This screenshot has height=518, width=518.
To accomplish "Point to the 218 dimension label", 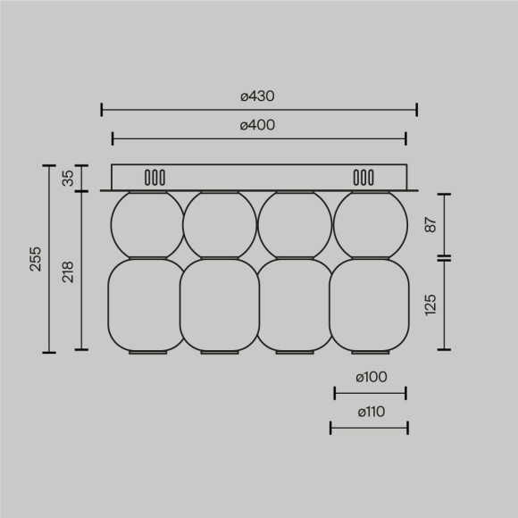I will click(x=68, y=271).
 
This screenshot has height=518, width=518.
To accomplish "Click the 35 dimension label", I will click(x=68, y=178).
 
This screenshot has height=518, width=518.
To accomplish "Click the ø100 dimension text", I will click(x=370, y=378).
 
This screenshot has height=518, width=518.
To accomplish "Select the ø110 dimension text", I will click(x=370, y=413).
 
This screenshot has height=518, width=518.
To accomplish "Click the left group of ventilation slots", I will click(x=155, y=177).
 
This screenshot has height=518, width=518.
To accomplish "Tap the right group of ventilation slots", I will click(x=363, y=177).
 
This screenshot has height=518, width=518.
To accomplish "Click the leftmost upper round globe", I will click(x=146, y=225).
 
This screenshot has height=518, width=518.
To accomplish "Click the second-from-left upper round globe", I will click(x=221, y=225).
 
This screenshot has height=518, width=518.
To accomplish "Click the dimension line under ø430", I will click(x=259, y=110).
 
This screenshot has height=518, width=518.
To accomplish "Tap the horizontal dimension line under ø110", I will click(x=370, y=429).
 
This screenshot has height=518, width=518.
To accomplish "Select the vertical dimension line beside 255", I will click(x=48, y=259).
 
